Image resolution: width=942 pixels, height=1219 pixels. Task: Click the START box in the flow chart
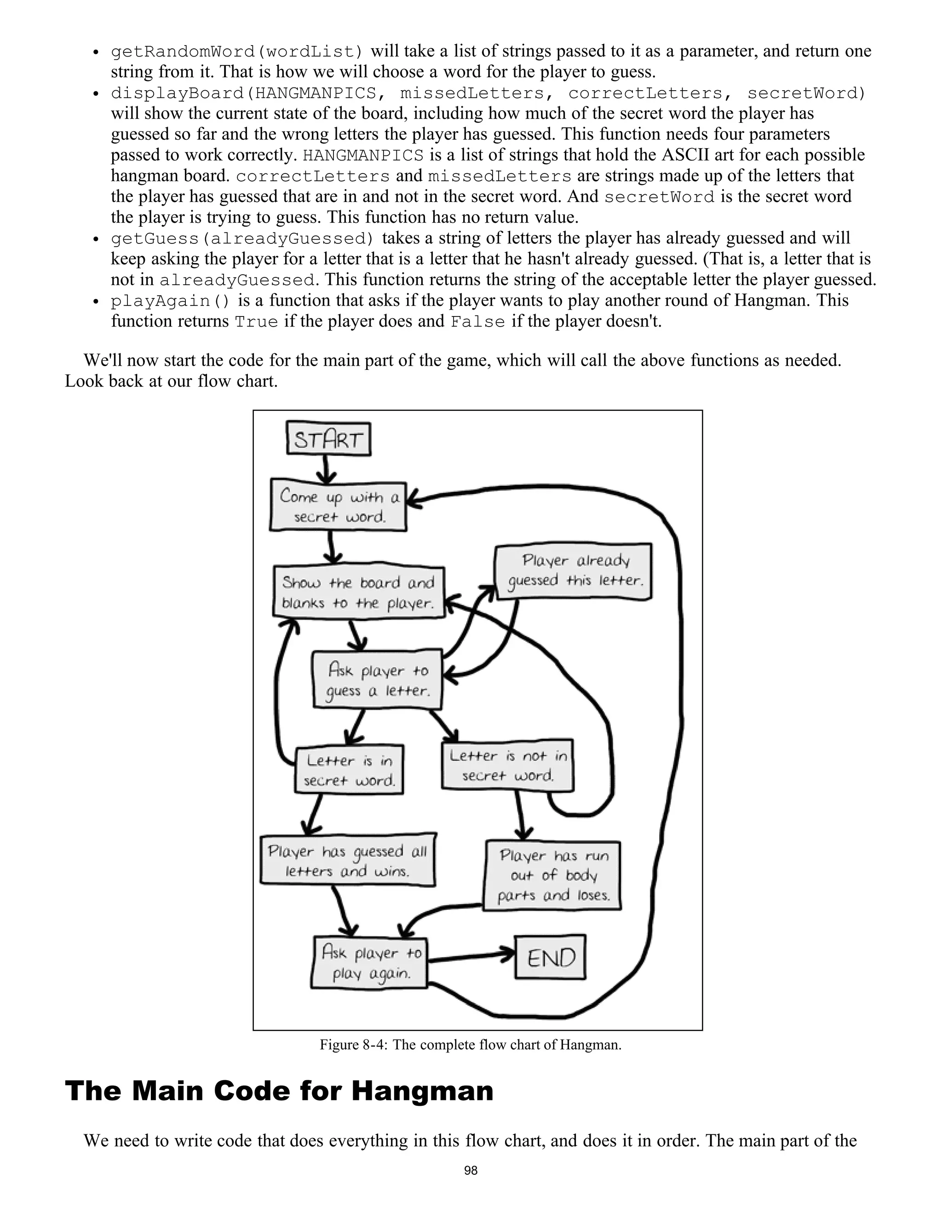[x=328, y=440]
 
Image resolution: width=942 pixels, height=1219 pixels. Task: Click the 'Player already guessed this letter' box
[x=574, y=571]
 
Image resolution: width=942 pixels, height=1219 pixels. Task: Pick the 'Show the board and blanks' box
[x=358, y=592]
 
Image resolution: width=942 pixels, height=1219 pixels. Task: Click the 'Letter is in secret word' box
[x=349, y=770]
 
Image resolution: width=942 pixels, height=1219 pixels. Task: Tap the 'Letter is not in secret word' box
[x=507, y=765]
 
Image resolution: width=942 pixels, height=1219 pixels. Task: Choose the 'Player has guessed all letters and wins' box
[x=348, y=861]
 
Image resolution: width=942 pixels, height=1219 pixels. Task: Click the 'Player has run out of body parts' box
[x=552, y=875]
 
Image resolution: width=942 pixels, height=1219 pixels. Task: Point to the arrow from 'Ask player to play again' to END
[x=471, y=957]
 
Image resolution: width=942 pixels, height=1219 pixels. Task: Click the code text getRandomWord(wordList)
[x=236, y=52]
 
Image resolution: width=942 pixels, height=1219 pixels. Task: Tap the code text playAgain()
[x=170, y=301]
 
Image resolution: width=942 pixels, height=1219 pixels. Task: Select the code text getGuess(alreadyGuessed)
[x=241, y=239]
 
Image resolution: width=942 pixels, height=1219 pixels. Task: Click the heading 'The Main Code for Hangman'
[x=279, y=1091]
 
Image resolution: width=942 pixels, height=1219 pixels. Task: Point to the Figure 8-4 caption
[x=471, y=1045]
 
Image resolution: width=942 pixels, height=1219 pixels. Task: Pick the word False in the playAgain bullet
[x=477, y=322]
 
